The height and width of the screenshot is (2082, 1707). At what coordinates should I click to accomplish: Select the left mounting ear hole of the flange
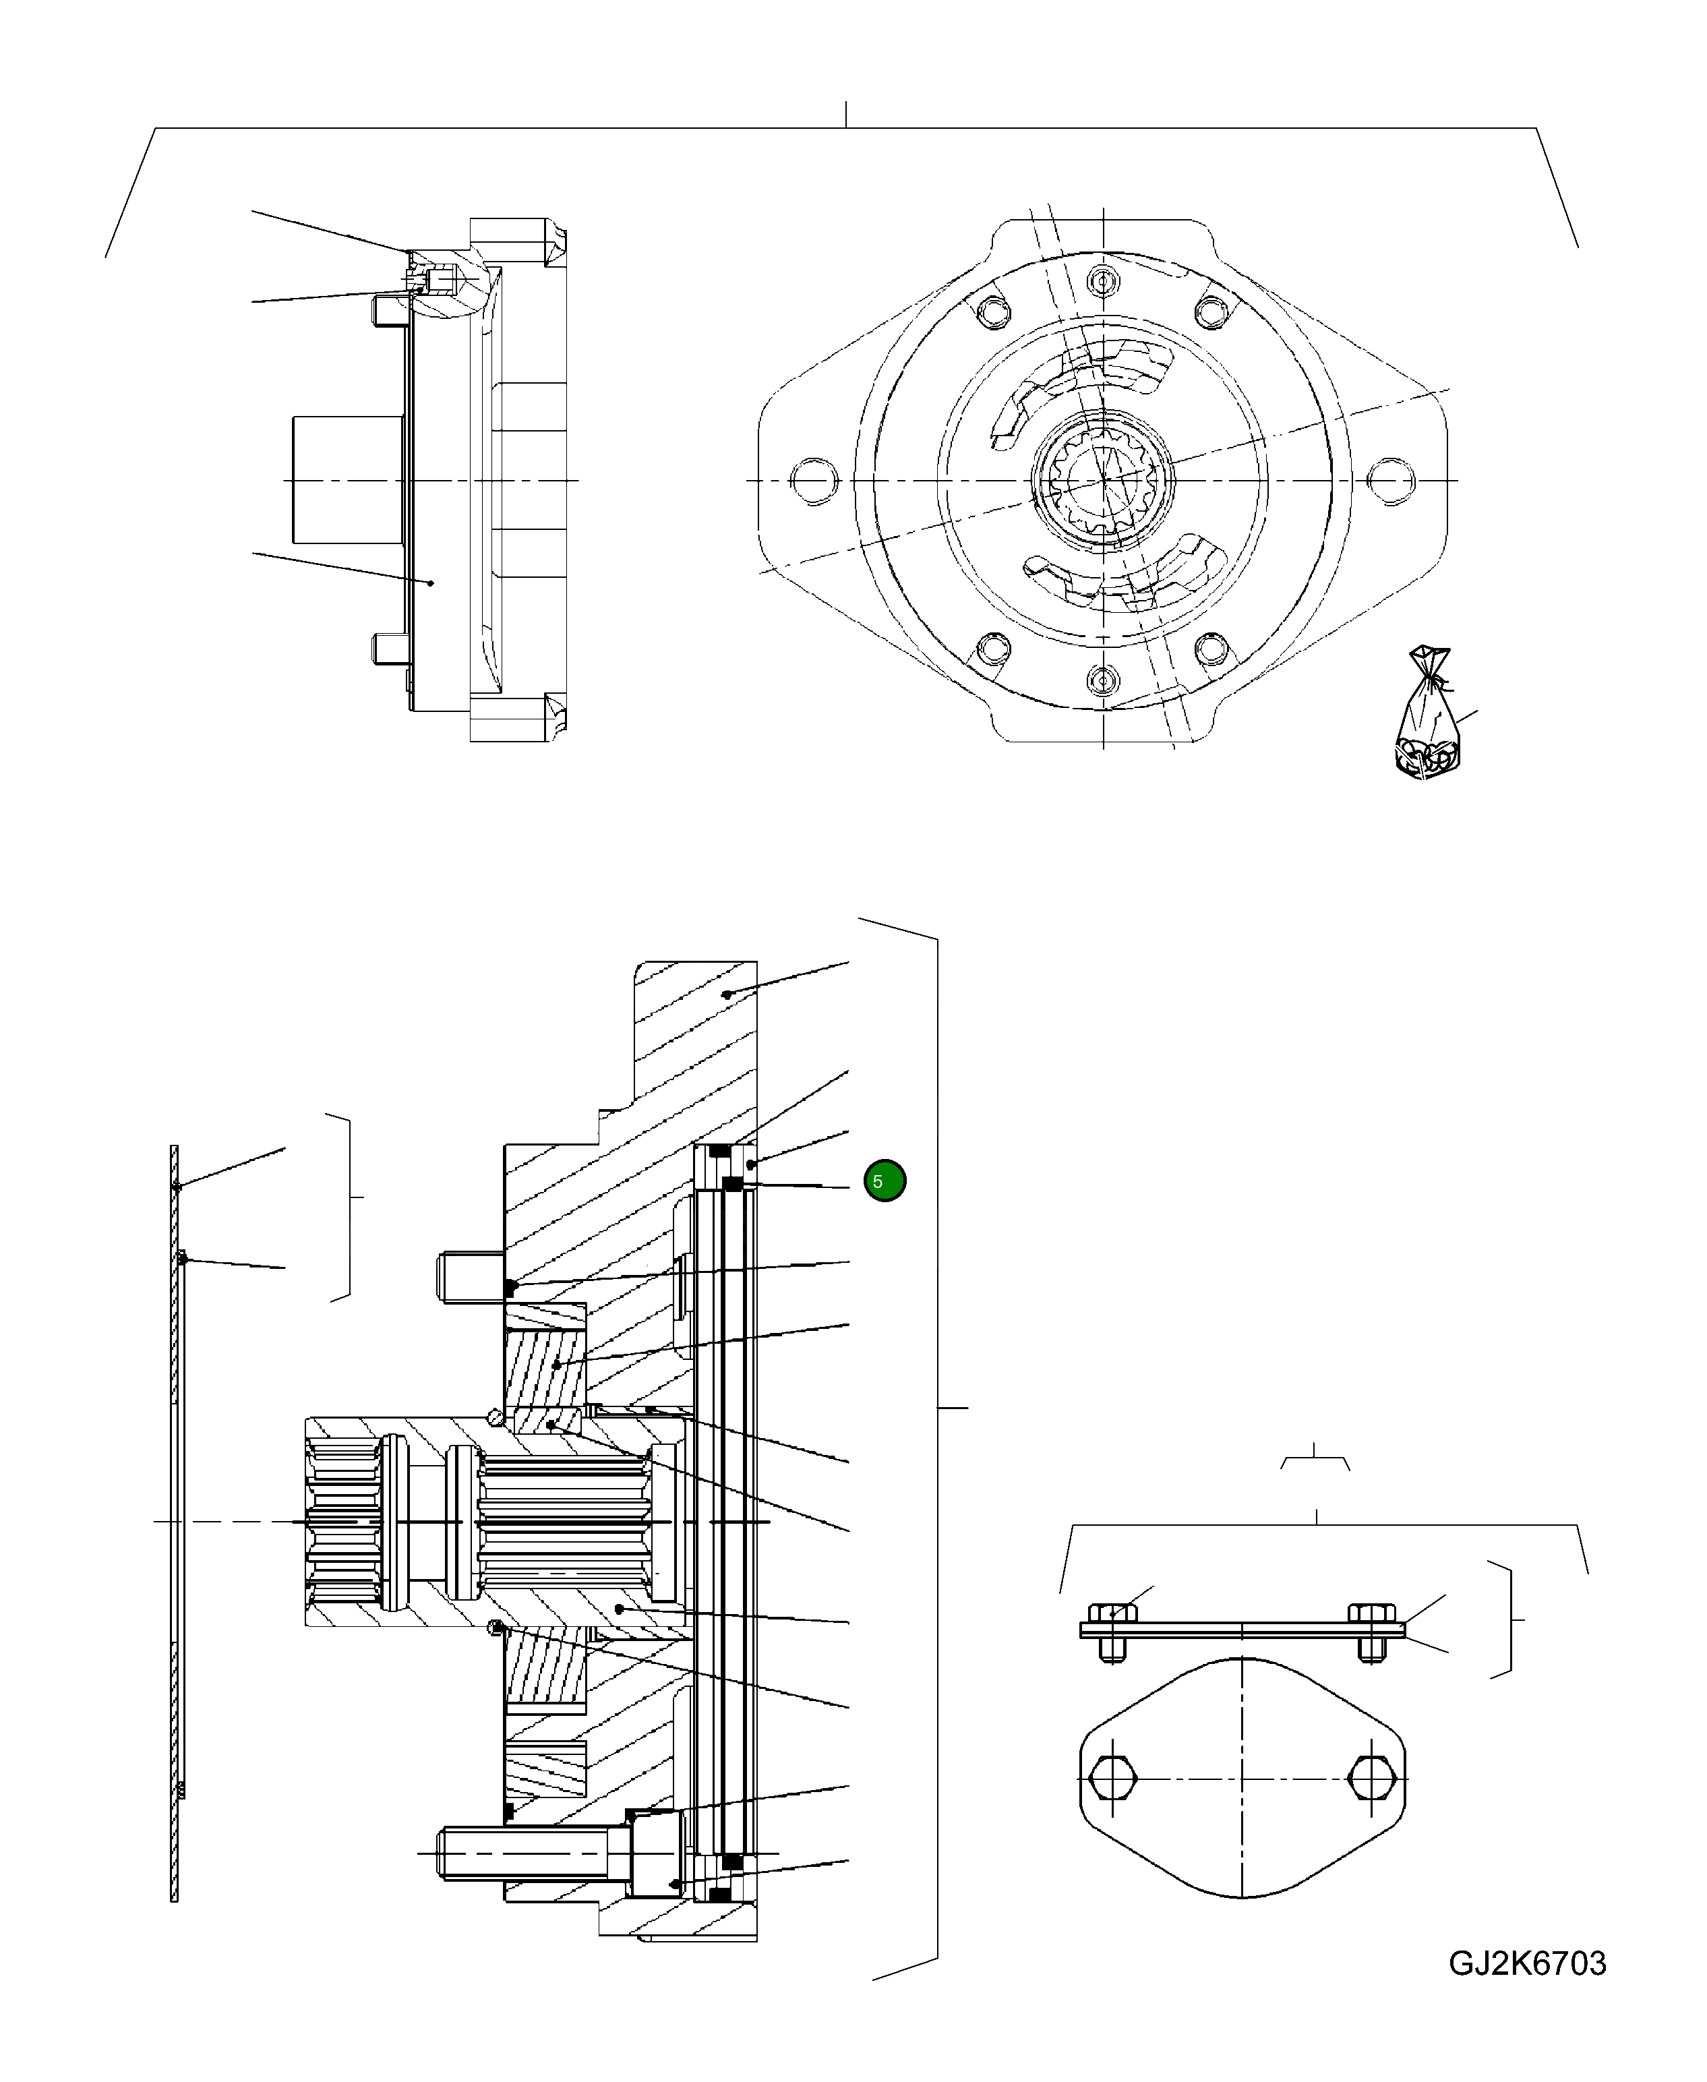[x=813, y=481]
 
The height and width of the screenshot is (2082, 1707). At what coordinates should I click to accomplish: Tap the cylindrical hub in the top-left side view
[x=349, y=479]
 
